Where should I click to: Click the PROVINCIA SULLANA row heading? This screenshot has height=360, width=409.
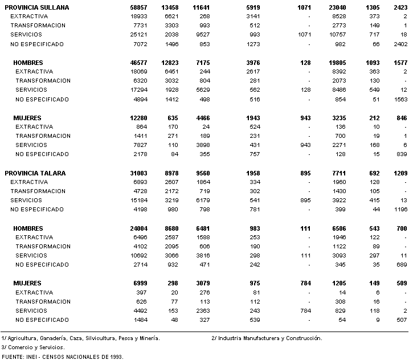click(x=37, y=7)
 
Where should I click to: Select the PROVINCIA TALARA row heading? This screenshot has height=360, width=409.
click(x=35, y=173)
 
